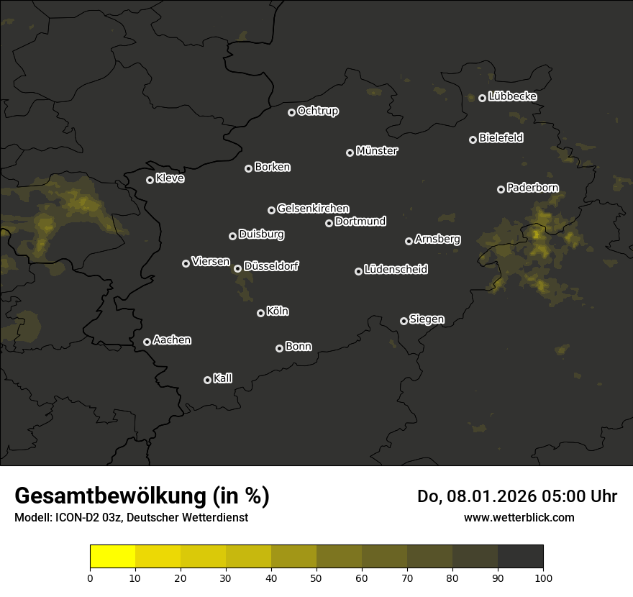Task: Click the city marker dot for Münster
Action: [x=350, y=152]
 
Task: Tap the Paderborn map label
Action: [x=533, y=188]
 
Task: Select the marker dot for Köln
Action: [x=260, y=313]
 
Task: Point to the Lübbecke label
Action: [x=512, y=96]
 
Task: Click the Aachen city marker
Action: [x=147, y=342]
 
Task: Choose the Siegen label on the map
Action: [x=427, y=319]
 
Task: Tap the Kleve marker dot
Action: [x=150, y=180]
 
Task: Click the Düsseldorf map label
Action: [x=271, y=266]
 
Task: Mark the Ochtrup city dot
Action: [x=291, y=112]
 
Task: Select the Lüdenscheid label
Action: [x=396, y=270]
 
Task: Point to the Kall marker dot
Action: [x=207, y=380]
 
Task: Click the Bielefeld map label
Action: [x=501, y=138]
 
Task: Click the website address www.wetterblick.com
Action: [x=519, y=517]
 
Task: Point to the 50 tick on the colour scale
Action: [x=316, y=577]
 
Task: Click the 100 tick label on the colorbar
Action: [x=543, y=577]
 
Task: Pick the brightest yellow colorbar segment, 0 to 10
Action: [x=113, y=557]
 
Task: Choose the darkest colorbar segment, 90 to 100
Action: [x=520, y=557]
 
